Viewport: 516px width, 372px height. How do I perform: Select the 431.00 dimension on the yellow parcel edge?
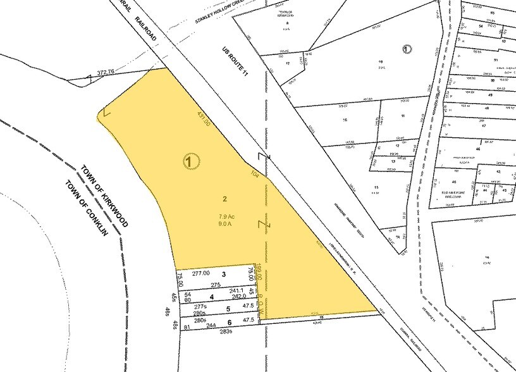click(203, 121)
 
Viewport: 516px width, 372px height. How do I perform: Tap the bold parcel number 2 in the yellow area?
click(224, 199)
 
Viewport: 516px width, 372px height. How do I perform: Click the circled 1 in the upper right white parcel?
click(407, 47)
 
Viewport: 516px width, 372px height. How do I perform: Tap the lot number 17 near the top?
click(288, 64)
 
